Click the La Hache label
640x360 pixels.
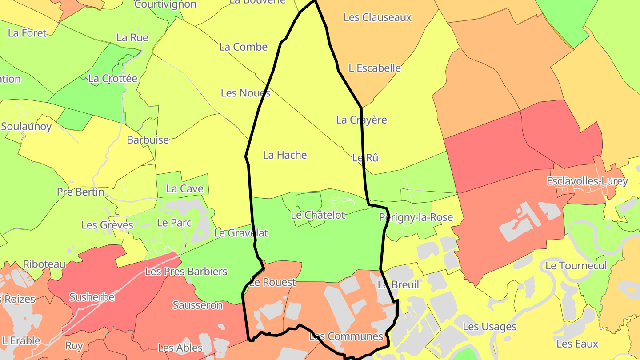coord(285,155)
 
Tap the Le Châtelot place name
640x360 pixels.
coord(318,215)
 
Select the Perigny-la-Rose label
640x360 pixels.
coord(416,217)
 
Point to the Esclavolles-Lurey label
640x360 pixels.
coord(587,181)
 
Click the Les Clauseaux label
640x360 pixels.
coord(378,17)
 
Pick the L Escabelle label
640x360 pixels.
coord(375,68)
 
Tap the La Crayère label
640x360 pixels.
coord(361,120)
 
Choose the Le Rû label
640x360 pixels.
coord(365,158)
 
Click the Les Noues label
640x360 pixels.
coord(245,93)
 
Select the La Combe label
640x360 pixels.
coord(244,47)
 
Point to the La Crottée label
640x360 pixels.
coord(113,79)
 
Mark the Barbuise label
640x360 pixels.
coord(148,140)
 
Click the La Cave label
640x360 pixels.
coord(184,189)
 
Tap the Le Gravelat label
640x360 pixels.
coord(241,233)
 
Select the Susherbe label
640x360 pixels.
coord(92,297)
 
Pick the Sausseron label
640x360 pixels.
coord(197,305)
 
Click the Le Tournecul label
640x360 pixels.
coord(576,266)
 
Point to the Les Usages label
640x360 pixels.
coord(489,327)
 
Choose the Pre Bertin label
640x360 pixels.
coord(80,192)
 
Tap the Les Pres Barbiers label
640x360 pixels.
coord(186,272)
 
